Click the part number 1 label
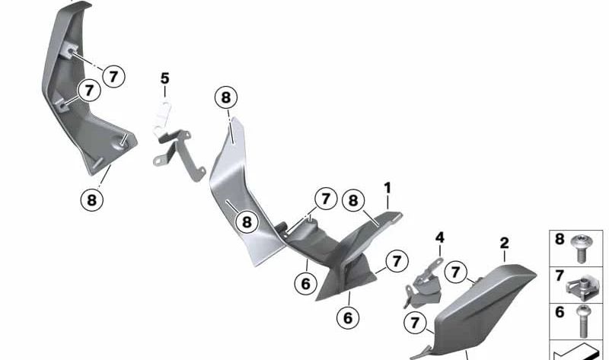point(387,187)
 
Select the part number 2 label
point(504,244)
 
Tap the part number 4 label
point(439,238)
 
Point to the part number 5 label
point(164,78)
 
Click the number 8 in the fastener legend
point(560,240)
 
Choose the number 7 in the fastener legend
point(560,276)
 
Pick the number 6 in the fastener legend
point(560,312)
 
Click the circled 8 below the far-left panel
point(91,199)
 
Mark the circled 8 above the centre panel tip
point(226,97)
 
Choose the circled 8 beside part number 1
point(352,200)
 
